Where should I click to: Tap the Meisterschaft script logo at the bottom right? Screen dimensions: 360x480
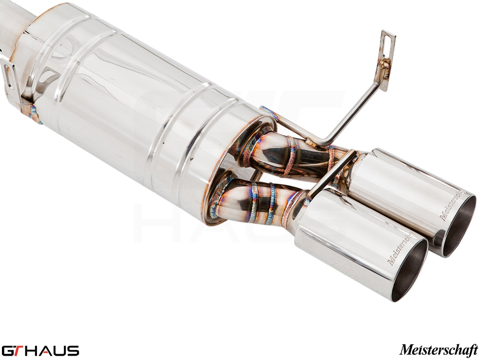(x=438, y=349)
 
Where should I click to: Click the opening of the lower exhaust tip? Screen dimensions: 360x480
(x=409, y=270)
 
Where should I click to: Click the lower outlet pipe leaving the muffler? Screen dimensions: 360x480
(x=254, y=202)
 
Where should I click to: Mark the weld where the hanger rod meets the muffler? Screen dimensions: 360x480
(x=270, y=113)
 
